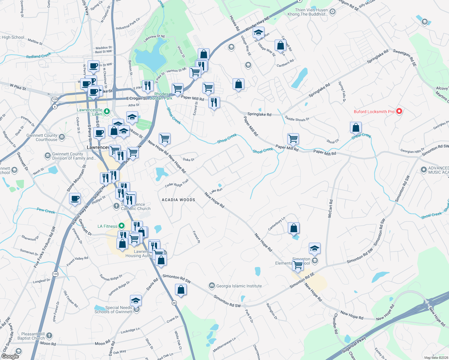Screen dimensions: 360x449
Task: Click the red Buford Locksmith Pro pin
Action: (x=399, y=111)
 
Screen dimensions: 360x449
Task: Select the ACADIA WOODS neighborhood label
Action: (x=178, y=200)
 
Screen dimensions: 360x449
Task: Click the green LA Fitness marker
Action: (x=121, y=226)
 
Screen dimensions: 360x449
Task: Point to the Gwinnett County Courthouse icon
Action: (x=62, y=137)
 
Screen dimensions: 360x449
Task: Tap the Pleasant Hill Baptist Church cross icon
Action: (x=49, y=336)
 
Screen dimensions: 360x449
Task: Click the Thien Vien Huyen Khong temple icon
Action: (x=332, y=12)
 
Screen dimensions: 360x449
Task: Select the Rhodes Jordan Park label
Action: (x=161, y=96)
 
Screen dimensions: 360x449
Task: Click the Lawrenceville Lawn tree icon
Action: (x=107, y=112)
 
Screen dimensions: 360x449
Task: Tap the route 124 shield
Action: (x=55, y=274)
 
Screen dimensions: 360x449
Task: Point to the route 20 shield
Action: (x=174, y=303)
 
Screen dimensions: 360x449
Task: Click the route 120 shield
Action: (x=54, y=99)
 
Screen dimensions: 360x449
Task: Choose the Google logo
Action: (x=10, y=356)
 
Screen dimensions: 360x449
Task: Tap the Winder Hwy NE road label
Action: (x=258, y=24)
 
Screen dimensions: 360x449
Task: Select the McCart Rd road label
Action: (x=330, y=208)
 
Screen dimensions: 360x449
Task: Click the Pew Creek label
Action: (x=46, y=211)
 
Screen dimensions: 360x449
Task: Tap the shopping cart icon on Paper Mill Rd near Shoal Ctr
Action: (x=293, y=139)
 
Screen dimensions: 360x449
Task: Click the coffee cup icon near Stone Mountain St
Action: (x=75, y=198)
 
